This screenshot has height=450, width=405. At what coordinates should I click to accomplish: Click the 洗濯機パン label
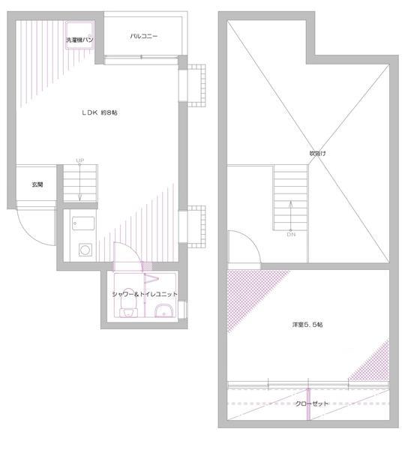[79, 39]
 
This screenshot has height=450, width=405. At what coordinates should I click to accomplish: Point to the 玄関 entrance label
[37, 184]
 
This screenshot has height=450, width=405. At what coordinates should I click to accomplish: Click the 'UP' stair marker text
[79, 160]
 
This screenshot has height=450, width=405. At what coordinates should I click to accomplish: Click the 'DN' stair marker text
[291, 235]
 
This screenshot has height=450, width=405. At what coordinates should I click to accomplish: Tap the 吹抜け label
[318, 153]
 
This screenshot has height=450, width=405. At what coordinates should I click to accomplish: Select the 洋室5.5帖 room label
[308, 324]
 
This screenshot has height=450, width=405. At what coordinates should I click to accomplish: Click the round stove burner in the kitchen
[85, 250]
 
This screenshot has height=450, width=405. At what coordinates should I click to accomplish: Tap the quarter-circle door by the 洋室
[241, 249]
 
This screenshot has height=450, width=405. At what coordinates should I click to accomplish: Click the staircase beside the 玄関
[79, 185]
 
